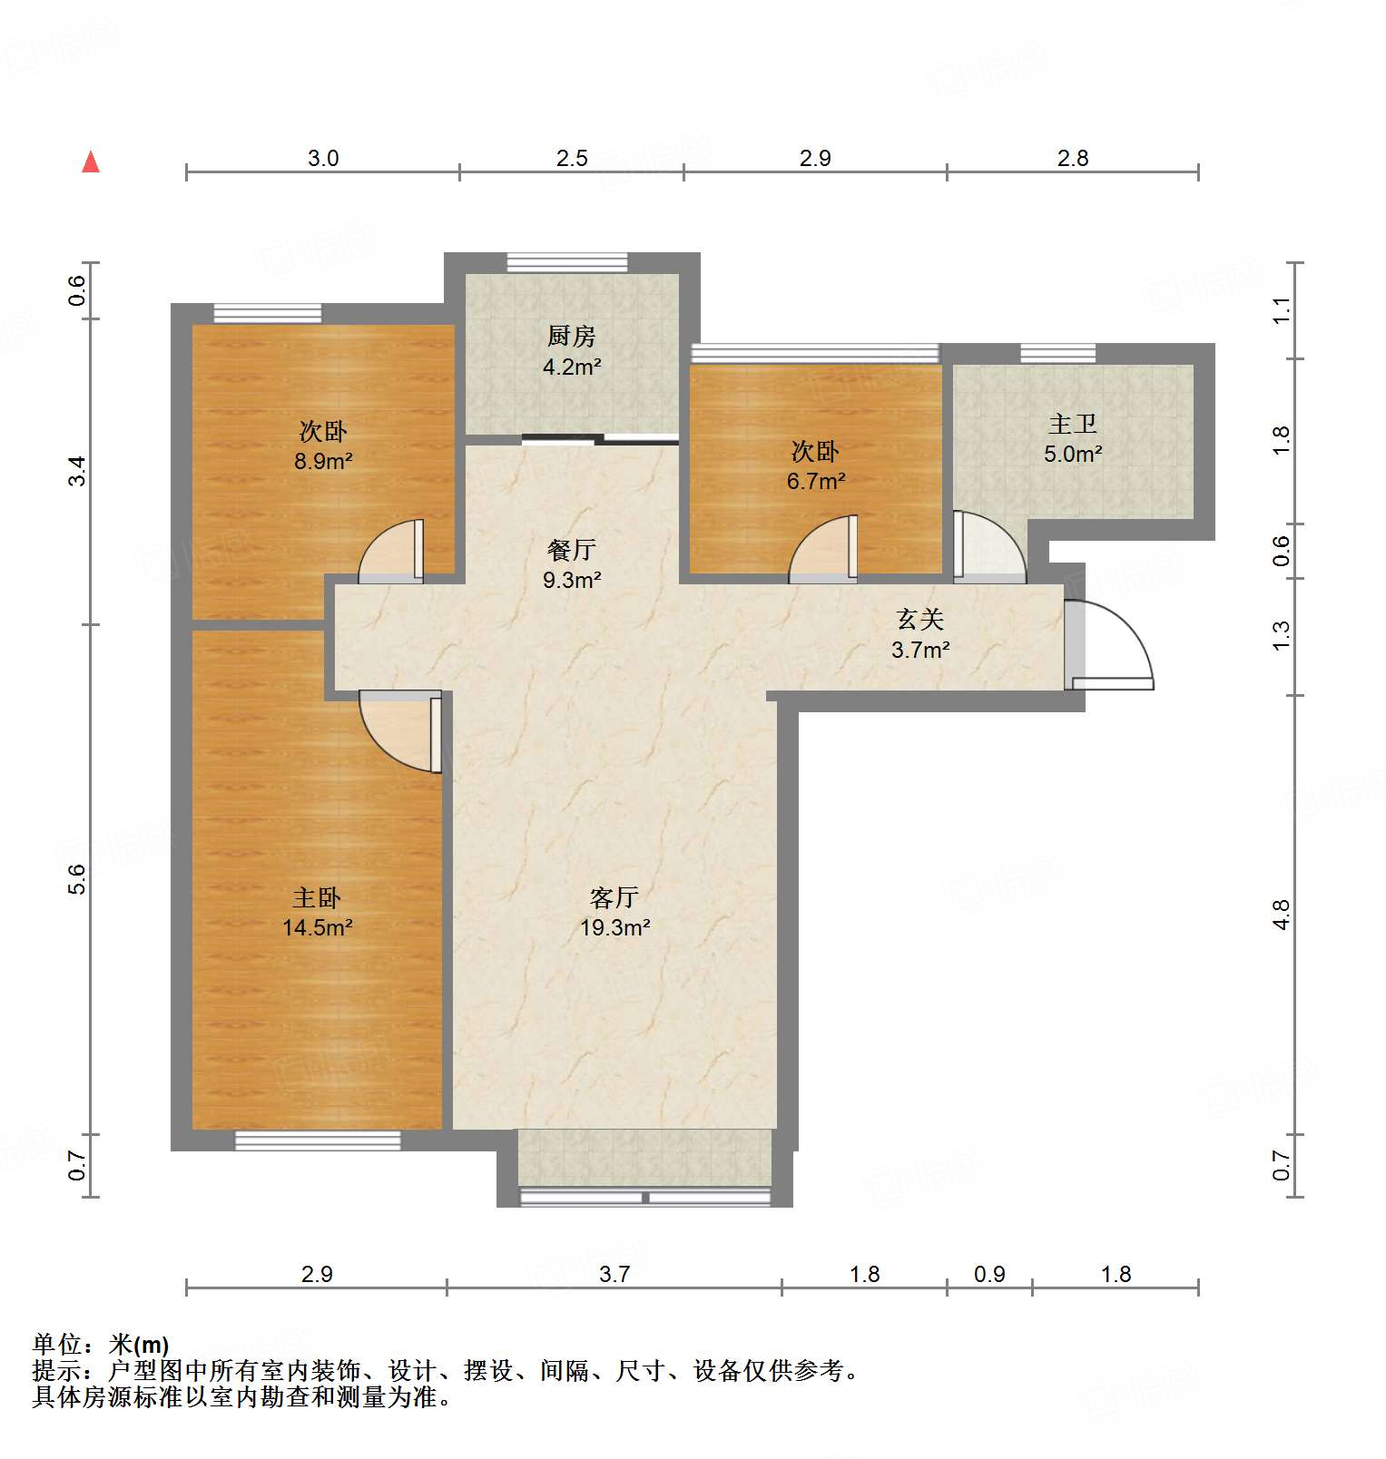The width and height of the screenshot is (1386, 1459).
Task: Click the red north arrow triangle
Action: pos(91,162)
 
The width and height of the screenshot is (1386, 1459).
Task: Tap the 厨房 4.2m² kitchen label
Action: pos(572,351)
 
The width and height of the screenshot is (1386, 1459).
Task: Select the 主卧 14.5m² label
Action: pos(317,913)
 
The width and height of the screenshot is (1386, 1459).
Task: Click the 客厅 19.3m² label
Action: pos(614,913)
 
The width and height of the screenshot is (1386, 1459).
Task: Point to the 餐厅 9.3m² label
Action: pos(572,564)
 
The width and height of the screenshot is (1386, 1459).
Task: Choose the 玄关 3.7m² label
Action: pos(920,634)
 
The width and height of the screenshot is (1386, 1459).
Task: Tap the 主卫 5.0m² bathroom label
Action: pos(1073,439)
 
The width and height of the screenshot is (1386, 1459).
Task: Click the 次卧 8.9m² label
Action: pos(323,446)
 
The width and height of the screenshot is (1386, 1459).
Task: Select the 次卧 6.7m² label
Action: pos(815,465)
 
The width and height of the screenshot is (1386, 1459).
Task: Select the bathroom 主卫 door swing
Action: pos(989,547)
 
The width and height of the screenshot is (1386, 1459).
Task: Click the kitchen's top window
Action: pos(567,263)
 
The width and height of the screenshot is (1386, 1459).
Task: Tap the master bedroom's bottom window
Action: pos(318,1141)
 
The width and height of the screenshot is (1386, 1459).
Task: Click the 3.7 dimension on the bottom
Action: pos(614,1274)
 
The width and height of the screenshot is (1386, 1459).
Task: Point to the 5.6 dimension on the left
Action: pos(77,879)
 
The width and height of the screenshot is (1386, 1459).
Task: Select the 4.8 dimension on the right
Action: pos(1281,915)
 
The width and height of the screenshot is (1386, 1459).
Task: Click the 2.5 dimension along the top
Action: pos(572,158)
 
